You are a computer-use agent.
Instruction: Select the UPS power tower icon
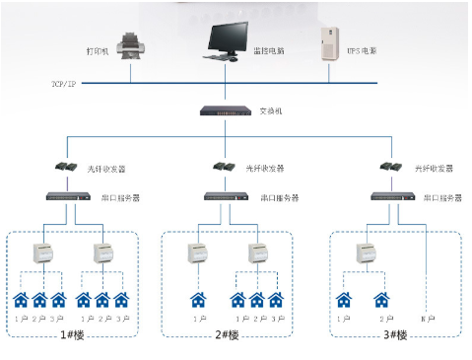[326, 44]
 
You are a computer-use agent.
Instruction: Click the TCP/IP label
[65, 83]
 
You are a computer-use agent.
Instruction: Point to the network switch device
[227, 110]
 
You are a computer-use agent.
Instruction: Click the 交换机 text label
[271, 110]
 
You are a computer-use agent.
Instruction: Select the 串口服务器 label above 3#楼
[442, 198]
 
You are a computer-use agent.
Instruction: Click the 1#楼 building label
[72, 335]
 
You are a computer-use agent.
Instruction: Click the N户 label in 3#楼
[427, 319]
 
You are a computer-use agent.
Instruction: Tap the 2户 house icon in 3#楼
[382, 299]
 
